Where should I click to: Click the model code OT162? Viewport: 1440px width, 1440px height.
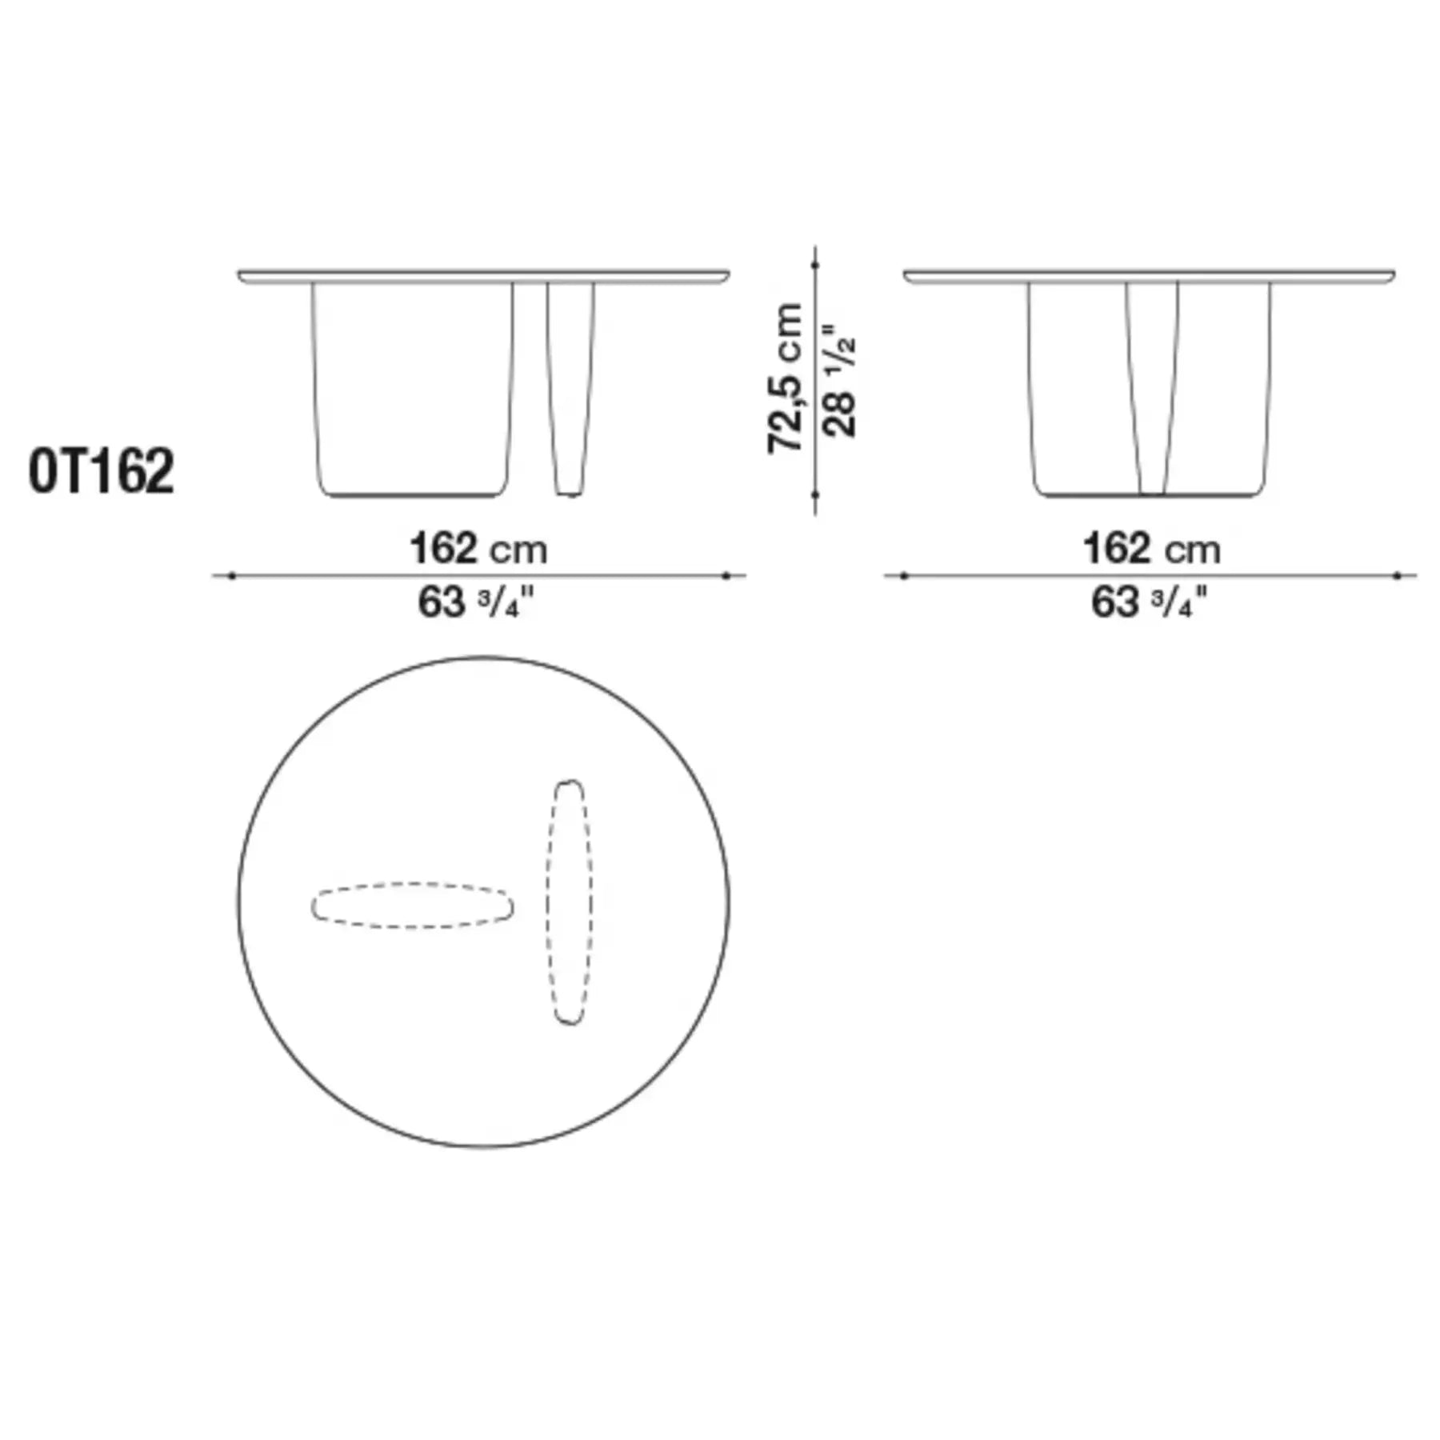[x=101, y=472]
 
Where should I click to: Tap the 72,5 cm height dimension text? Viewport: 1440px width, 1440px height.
[x=786, y=378]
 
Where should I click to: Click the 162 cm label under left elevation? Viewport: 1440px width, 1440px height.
[x=478, y=550]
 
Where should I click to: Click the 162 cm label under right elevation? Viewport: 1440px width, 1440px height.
[x=1151, y=550]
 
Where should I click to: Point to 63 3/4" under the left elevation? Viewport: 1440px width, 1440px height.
[x=474, y=602]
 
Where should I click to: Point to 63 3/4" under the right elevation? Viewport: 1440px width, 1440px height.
[x=1148, y=602]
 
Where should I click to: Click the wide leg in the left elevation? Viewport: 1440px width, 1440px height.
[x=412, y=388]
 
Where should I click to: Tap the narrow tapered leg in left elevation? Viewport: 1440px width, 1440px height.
[x=570, y=388]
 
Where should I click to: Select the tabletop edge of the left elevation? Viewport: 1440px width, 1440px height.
[x=483, y=276]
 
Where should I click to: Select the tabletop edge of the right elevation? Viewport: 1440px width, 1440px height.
[x=1150, y=276]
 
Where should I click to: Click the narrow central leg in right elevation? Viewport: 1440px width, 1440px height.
[x=1152, y=388]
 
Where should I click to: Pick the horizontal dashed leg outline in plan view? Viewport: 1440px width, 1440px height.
[x=412, y=906]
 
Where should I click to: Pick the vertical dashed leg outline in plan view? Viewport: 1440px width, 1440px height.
[x=570, y=902]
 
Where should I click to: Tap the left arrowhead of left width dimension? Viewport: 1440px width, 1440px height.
[x=231, y=575]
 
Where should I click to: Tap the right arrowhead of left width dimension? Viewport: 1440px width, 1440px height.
[x=726, y=575]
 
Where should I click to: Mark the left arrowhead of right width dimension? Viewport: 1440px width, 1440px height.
[x=904, y=575]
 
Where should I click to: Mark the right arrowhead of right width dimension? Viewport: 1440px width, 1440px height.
[x=1398, y=575]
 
